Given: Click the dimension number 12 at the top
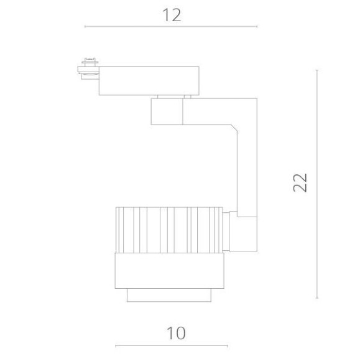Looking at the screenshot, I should click(x=172, y=16).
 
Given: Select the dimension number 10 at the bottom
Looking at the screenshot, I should click(x=176, y=334).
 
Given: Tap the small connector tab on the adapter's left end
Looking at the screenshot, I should click(x=87, y=67).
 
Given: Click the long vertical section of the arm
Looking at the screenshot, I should click(x=246, y=168).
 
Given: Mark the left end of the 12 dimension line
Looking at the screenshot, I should click(x=85, y=27).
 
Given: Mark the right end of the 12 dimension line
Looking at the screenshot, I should click(x=257, y=27).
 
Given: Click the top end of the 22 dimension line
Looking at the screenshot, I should click(x=317, y=70).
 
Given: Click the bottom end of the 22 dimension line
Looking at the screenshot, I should click(x=317, y=298).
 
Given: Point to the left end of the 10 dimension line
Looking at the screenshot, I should click(x=116, y=346).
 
